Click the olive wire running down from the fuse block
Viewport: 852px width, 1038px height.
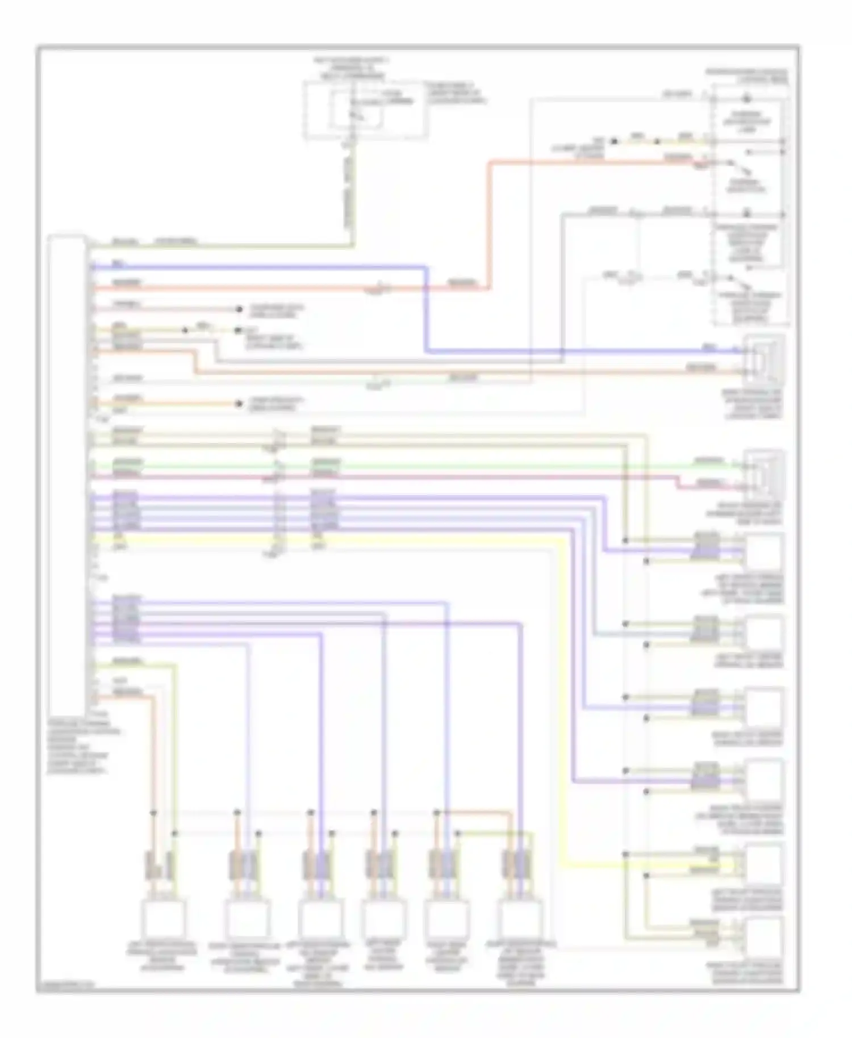pyautogui.click(x=353, y=193)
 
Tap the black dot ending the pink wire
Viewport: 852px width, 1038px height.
pyautogui.click(x=238, y=309)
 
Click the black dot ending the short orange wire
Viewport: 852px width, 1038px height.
pyautogui.click(x=238, y=404)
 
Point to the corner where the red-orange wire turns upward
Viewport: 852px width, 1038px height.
pyautogui.click(x=488, y=288)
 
